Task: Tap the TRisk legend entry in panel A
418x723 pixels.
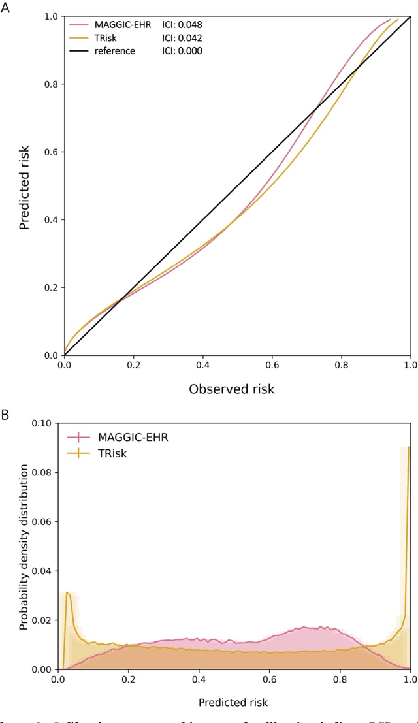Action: pos(108,38)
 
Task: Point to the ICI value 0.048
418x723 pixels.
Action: pos(182,25)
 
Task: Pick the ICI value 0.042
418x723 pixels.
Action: pos(182,38)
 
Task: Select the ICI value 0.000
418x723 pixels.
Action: pos(182,50)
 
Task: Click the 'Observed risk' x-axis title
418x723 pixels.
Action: pos(232,389)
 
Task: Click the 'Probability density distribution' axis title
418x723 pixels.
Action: pos(24,547)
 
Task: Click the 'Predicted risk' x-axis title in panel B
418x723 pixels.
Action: pos(233,703)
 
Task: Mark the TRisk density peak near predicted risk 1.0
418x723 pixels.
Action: pos(409,447)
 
